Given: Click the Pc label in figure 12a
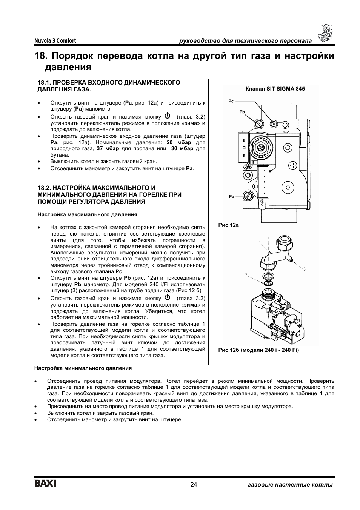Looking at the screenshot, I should click(231, 101).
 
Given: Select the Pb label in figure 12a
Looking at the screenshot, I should click(242, 112).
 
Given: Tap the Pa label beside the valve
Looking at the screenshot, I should click(231, 197).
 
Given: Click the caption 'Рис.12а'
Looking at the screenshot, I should click(229, 225).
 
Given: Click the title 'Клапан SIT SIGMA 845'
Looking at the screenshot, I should click(275, 89).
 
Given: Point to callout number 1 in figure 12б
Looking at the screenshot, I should click(260, 242).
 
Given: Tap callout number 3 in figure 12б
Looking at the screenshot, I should click(304, 269).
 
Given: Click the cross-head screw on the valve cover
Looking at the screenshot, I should click(292, 165).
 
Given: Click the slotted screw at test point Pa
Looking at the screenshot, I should click(248, 196).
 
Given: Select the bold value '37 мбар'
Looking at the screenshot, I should click(108, 149).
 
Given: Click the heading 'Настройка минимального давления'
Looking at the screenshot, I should click(83, 368).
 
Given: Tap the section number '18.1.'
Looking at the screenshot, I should click(43, 83).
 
